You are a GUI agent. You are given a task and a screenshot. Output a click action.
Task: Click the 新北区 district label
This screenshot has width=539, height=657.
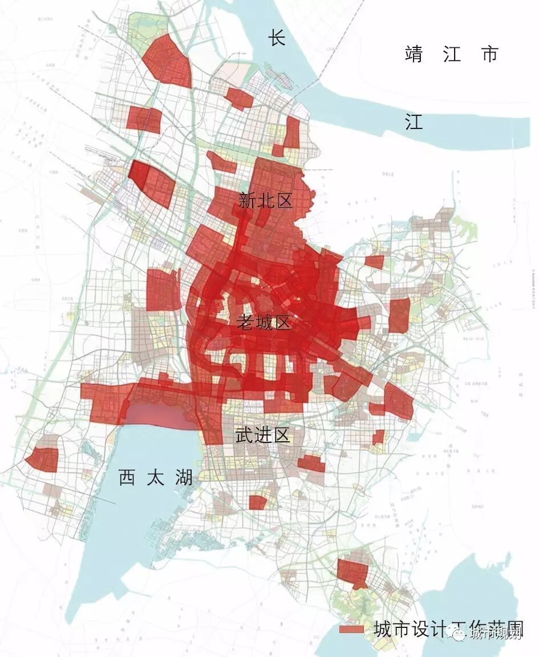click(x=265, y=201)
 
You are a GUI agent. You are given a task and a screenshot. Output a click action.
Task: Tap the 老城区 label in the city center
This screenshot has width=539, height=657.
click(x=264, y=323)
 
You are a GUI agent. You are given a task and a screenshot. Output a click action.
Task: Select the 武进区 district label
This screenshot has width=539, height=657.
click(x=263, y=436)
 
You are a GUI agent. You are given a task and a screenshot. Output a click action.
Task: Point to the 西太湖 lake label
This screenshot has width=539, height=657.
click(x=156, y=477)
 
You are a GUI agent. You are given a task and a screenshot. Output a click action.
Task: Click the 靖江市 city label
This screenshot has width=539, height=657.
click(x=452, y=54)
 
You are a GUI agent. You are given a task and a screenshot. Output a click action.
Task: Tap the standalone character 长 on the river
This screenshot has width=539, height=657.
click(x=277, y=39)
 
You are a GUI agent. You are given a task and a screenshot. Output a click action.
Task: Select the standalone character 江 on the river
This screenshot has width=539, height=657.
click(x=414, y=122)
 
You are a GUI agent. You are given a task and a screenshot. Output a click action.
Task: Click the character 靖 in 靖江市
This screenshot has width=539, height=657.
click(x=415, y=54)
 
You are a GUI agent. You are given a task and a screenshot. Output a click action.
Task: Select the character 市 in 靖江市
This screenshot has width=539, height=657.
click(x=489, y=54)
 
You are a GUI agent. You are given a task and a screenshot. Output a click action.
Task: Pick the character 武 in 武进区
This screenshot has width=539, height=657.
click(x=245, y=436)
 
